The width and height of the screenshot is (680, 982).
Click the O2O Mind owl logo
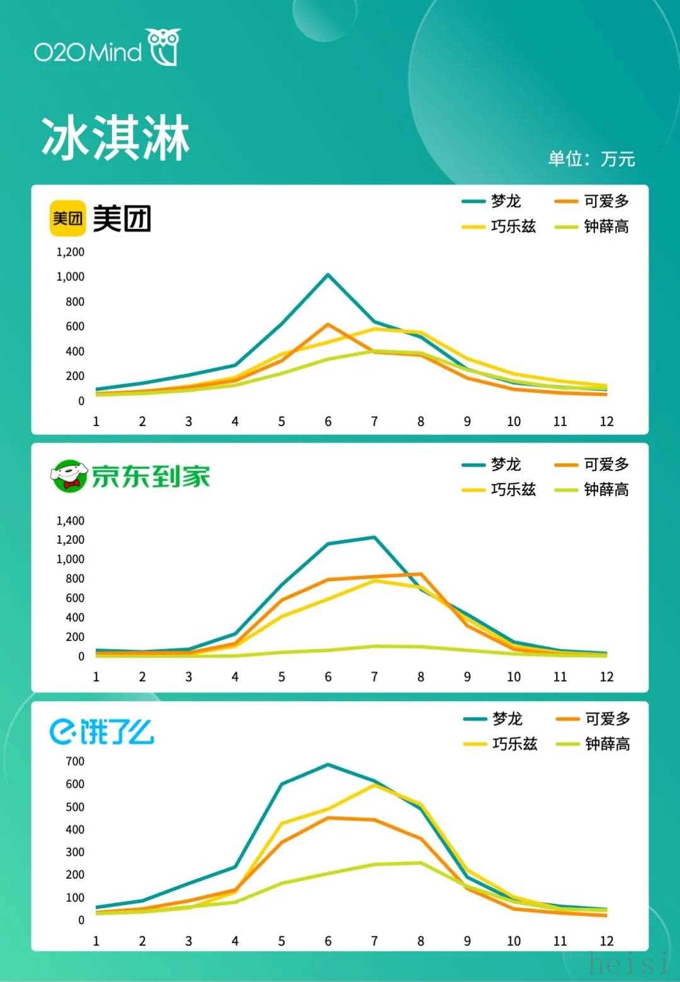pos(164,47)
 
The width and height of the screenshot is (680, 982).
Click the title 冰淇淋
pos(115,138)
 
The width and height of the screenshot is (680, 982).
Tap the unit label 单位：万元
pos(591,159)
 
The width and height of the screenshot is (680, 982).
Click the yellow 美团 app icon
pos(67,218)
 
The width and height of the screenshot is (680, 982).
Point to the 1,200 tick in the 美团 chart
pos(71,252)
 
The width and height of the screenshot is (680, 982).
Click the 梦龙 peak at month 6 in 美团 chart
pos(328,274)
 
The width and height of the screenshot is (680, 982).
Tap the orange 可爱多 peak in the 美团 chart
pos(328,324)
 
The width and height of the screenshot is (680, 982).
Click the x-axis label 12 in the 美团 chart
pos(606,421)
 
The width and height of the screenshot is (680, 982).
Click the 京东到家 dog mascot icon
pos(68,476)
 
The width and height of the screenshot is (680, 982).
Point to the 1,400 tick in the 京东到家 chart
pos(71,521)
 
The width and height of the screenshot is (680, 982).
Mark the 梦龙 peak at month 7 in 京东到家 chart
pos(375,537)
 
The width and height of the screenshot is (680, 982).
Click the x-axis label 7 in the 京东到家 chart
pos(375,677)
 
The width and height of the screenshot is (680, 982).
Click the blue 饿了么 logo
pos(101,731)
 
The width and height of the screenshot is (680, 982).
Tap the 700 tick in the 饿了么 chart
pos(75,761)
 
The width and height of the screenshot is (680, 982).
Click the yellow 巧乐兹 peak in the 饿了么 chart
pos(375,785)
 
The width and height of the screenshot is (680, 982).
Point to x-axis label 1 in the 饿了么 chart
pos(96,941)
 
